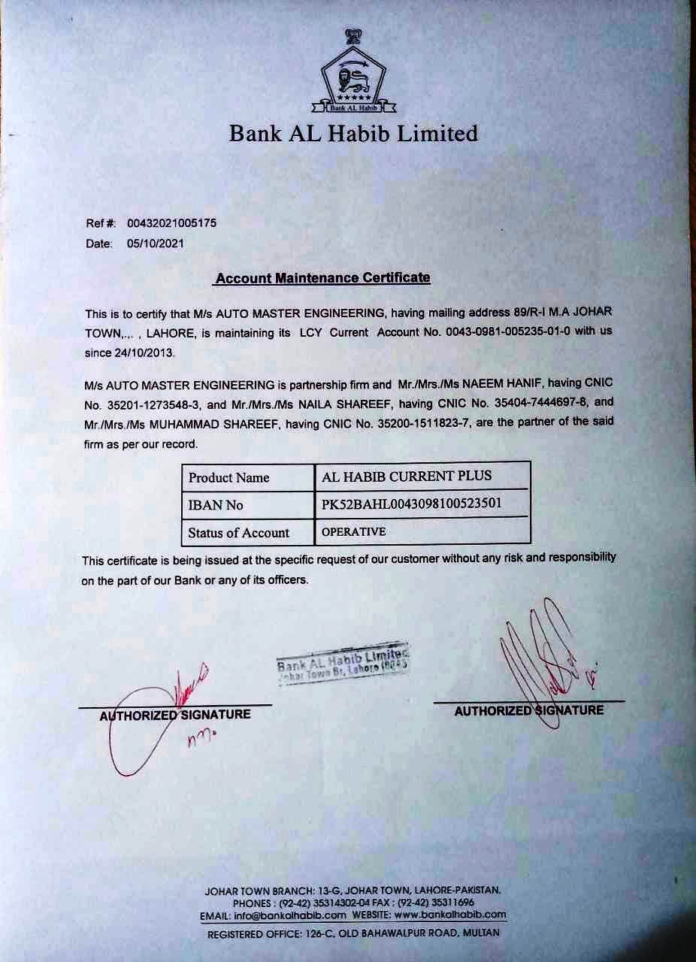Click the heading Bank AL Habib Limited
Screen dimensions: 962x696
tap(353, 134)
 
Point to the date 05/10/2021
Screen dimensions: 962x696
tap(156, 244)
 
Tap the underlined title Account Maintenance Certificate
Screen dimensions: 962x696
tap(322, 278)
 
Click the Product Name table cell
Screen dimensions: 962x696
tap(229, 478)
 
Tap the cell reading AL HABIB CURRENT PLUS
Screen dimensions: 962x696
tap(407, 476)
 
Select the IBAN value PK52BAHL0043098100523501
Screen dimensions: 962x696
tap(411, 504)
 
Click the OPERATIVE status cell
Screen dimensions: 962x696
tap(353, 532)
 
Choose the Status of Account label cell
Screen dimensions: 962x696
tap(239, 533)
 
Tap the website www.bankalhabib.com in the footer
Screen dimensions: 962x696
tap(450, 915)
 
